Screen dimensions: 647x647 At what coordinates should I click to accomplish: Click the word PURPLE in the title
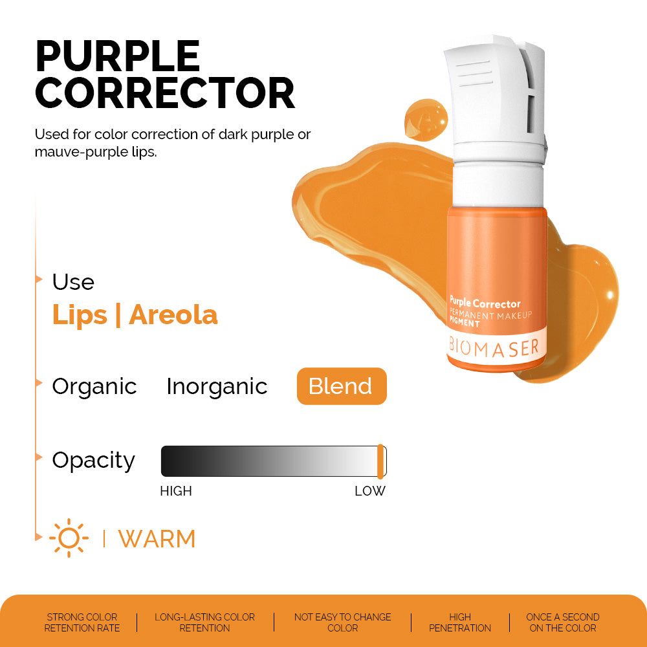(x=117, y=56)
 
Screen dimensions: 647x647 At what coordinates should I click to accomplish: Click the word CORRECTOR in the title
(x=165, y=94)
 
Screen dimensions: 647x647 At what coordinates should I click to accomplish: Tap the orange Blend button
(x=341, y=386)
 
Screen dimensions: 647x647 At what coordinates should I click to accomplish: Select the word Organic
(x=94, y=386)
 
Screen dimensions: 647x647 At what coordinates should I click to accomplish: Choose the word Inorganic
(x=217, y=386)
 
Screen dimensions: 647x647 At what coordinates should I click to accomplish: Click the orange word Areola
(x=173, y=315)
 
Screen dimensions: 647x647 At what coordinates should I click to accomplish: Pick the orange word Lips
(x=80, y=315)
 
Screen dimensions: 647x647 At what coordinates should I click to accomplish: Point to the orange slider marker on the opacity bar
(x=380, y=461)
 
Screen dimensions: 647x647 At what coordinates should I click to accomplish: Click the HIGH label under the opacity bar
(x=176, y=491)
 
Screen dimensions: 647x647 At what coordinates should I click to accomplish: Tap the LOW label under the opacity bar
(x=369, y=491)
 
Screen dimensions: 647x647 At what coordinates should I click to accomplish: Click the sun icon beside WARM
(x=69, y=538)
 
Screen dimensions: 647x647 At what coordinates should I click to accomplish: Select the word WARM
(x=157, y=539)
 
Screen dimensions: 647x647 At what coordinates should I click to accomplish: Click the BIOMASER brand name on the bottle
(x=494, y=347)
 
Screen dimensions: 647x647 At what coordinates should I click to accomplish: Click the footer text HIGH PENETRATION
(x=460, y=622)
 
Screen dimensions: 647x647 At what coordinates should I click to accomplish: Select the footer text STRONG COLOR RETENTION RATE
(x=82, y=622)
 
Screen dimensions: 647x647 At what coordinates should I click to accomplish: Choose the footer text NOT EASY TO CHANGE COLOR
(x=343, y=622)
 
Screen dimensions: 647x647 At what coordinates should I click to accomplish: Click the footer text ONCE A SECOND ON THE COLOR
(x=563, y=622)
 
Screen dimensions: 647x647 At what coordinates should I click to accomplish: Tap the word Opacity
(x=94, y=461)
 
